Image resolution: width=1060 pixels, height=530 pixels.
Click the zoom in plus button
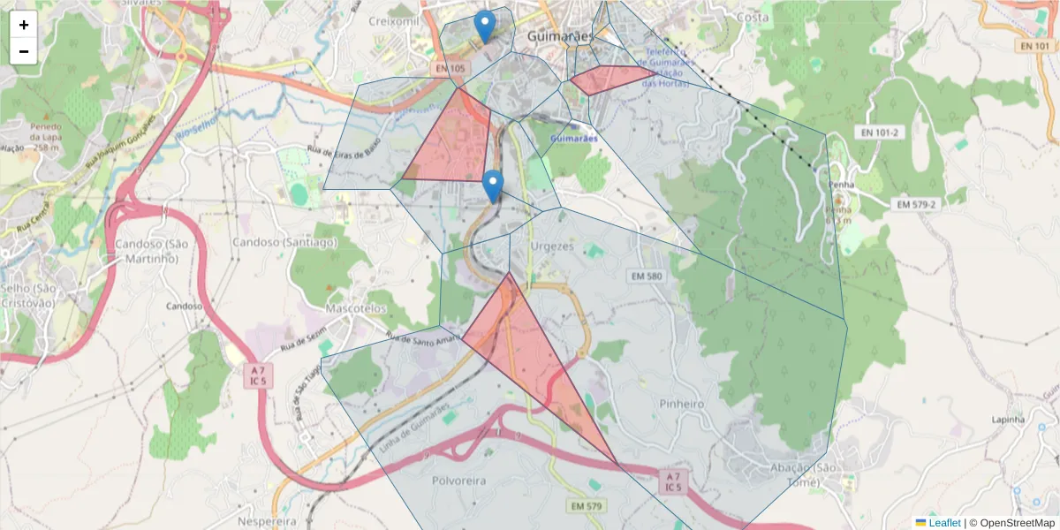(x=24, y=25)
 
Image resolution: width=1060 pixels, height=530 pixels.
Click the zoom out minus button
(x=24, y=51)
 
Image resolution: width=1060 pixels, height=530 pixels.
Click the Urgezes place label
(x=553, y=246)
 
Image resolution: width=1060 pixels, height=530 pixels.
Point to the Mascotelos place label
(x=356, y=309)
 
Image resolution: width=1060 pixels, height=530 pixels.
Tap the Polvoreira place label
(x=460, y=481)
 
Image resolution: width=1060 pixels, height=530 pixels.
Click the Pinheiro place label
(x=681, y=403)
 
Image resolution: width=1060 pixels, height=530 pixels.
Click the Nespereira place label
(x=272, y=521)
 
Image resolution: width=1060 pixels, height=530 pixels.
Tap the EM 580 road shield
(x=647, y=276)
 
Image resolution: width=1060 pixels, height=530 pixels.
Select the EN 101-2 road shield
(x=877, y=132)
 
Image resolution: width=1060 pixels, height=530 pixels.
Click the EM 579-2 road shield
(x=915, y=204)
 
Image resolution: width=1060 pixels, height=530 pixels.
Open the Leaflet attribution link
(x=943, y=523)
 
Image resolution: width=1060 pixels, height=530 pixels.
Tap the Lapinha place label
(x=1009, y=420)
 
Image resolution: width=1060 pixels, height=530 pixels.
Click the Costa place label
(x=753, y=17)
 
